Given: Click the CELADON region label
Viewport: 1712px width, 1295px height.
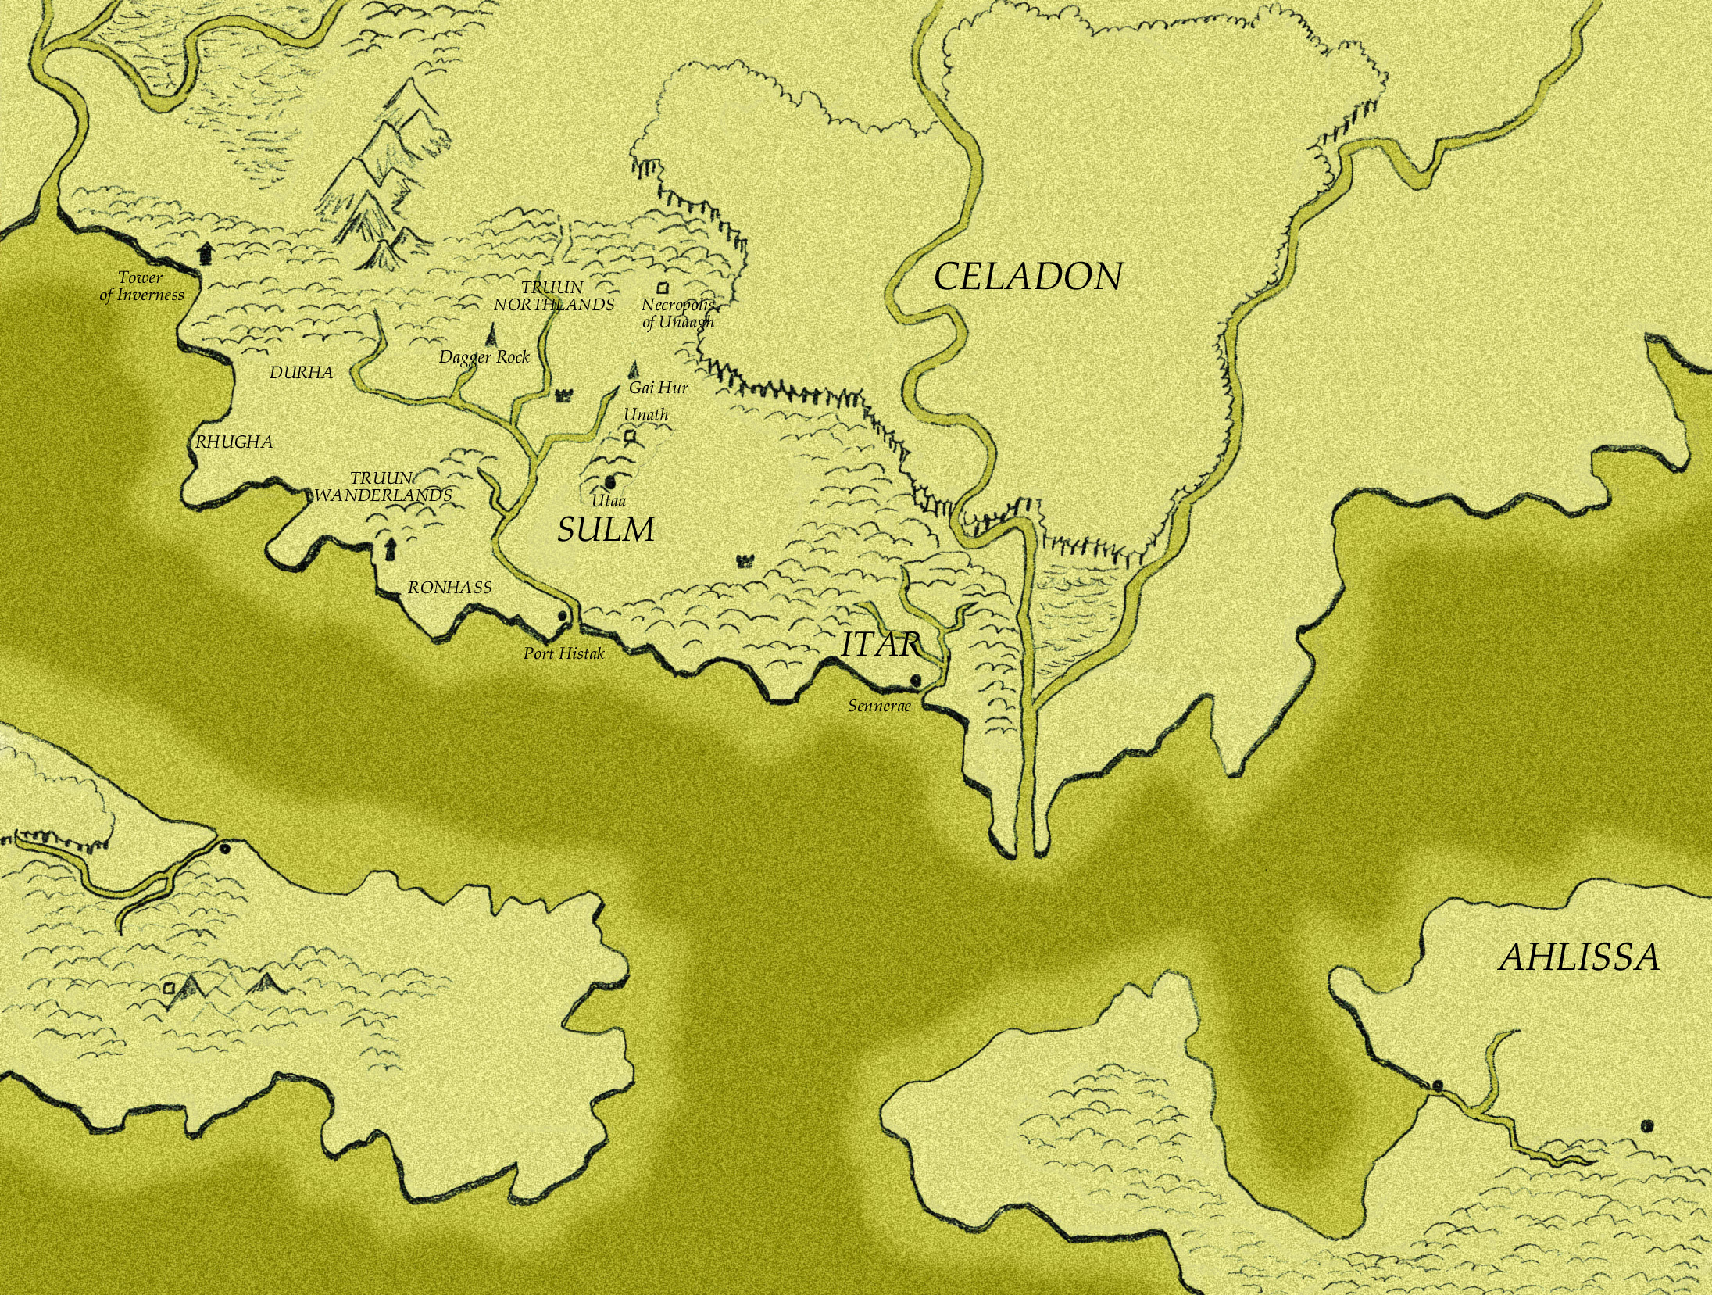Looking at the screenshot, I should (1028, 277).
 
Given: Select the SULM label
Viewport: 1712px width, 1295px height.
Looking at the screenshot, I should (606, 531).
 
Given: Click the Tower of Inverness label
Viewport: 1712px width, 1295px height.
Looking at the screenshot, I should (141, 286).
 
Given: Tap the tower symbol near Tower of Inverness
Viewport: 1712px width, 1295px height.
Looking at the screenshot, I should (205, 252).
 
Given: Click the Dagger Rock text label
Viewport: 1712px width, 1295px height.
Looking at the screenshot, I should (484, 357).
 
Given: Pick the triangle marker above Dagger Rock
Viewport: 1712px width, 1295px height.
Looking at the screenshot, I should (491, 334).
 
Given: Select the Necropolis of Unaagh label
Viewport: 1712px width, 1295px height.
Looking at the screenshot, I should (677, 313).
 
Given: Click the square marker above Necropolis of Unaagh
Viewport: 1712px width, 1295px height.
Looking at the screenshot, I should (664, 288).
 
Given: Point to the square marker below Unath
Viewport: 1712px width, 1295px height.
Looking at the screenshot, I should (629, 436).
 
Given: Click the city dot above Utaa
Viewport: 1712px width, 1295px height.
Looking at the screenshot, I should (610, 482).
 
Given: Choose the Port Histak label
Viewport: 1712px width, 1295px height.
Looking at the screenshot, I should (564, 653).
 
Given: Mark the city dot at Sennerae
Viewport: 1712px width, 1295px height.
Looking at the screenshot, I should (916, 681).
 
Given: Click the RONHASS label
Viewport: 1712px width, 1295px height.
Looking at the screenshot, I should (450, 587).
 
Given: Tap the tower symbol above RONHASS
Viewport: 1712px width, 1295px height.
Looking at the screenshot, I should (388, 549).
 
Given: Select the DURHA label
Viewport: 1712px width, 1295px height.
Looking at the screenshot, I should (301, 373).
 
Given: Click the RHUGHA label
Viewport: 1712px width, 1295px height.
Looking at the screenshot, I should (234, 442).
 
